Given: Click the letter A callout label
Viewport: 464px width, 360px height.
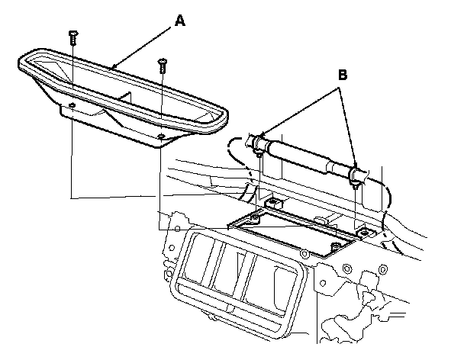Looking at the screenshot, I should (179, 22).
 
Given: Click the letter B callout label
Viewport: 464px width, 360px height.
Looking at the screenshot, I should (343, 76).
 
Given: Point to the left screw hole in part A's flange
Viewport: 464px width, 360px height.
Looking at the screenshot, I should (71, 104).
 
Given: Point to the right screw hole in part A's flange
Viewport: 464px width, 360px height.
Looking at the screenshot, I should (162, 137).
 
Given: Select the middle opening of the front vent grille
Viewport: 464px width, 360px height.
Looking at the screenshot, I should (231, 274).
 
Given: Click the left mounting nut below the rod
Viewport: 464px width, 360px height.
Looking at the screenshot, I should (272, 203).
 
